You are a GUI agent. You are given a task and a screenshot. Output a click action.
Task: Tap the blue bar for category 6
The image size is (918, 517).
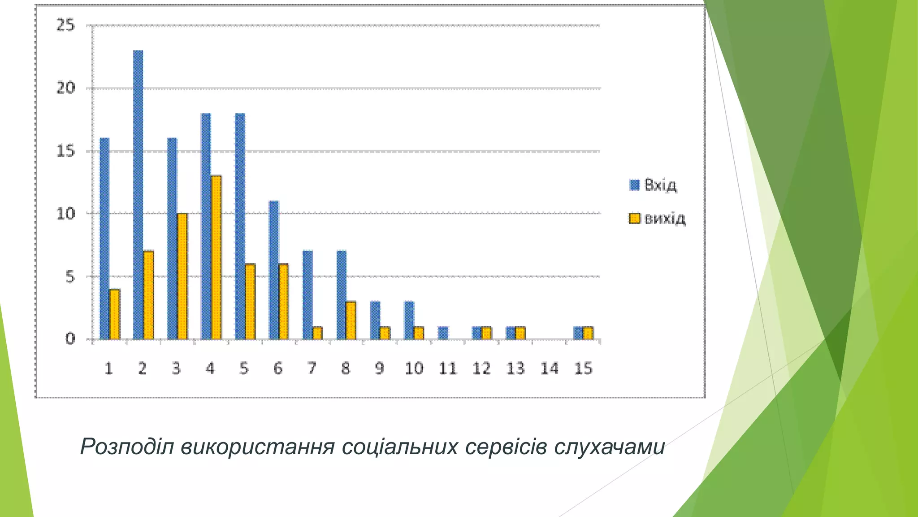click(273, 270)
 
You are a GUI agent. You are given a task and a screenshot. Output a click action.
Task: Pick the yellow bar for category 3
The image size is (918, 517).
click(182, 276)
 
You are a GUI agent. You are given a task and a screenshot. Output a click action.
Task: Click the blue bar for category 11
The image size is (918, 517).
click(443, 333)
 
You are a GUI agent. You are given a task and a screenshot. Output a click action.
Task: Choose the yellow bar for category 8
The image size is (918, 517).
click(351, 320)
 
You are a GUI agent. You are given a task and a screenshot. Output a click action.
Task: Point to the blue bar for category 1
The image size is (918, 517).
click(104, 238)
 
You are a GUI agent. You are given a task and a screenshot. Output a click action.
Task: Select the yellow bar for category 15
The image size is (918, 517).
click(588, 333)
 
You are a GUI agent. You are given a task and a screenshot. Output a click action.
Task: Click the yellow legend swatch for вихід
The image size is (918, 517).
click(634, 219)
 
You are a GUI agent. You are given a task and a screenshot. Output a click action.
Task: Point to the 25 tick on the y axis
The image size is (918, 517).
click(65, 26)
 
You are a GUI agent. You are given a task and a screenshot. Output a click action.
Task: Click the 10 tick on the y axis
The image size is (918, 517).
click(65, 214)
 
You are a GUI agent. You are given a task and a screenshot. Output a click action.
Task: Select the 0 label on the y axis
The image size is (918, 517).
click(70, 339)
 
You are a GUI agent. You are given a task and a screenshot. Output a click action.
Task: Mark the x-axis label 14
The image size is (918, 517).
click(549, 368)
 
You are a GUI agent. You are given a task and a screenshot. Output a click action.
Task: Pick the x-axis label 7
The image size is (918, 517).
click(312, 368)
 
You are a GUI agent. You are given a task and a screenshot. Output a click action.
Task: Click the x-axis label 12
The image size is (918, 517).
click(481, 368)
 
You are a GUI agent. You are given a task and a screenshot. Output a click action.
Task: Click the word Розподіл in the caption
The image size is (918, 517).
click(127, 447)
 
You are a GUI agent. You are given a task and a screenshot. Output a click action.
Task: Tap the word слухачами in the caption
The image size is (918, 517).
click(609, 447)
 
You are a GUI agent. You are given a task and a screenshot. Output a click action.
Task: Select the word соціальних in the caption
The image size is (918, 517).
click(400, 447)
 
